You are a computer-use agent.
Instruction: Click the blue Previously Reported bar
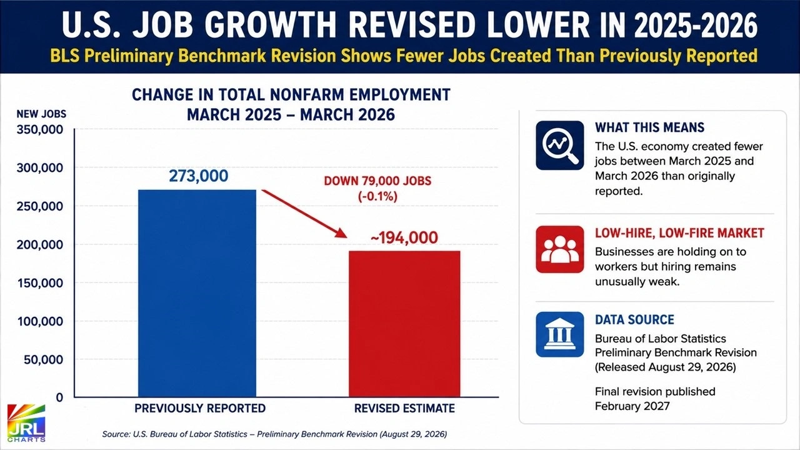pos(197,293)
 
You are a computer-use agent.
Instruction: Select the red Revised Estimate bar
pos(404,324)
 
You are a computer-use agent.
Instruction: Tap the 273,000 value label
pos(198,176)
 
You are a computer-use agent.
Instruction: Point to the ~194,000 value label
pos(404,237)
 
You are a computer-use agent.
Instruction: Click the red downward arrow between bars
pos(304,214)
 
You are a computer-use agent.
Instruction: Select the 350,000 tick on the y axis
pos(39,129)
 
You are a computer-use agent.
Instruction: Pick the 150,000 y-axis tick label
pos(40,283)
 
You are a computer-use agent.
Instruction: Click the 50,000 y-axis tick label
pos(43,359)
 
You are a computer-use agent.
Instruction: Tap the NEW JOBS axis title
pos(41,114)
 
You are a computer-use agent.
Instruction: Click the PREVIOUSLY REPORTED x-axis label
pos(200,408)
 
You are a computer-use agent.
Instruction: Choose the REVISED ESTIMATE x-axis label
pos(404,408)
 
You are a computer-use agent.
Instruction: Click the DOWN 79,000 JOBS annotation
pos(377,181)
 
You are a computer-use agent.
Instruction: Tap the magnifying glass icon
pos(559,146)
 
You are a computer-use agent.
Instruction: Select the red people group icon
pos(559,249)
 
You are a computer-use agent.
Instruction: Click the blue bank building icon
pos(559,334)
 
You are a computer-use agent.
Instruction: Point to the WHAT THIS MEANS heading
pos(649,127)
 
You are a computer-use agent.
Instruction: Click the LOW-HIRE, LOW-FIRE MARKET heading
pos(679,233)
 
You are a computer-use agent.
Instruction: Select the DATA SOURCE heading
pos(634,319)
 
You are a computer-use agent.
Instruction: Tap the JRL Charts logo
pos(26,423)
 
